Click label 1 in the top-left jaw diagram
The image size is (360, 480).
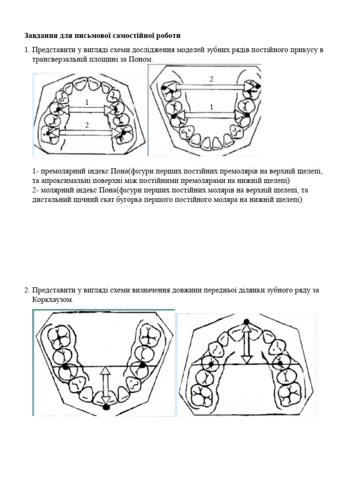point(87,102)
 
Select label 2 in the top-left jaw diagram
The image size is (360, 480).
point(87,124)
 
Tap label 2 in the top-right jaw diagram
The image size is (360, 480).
point(211,79)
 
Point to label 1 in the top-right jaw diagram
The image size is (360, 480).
point(211,107)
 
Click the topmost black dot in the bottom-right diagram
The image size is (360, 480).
point(247,322)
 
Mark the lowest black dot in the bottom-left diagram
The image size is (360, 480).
point(106,407)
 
